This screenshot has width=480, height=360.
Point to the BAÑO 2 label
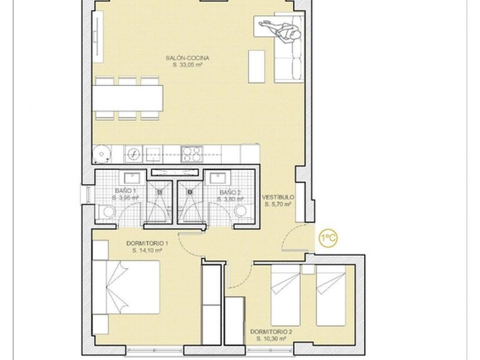pyautogui.click(x=229, y=192)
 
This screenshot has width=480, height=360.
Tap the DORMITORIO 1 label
pyautogui.click(x=147, y=242)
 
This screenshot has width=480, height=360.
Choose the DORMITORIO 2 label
pyautogui.click(x=270, y=331)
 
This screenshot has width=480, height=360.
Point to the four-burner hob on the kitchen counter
pyautogui.click(x=191, y=152)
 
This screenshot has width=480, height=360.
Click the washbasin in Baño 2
pyautogui.click(x=219, y=176)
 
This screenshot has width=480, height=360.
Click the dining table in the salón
pyautogui.click(x=129, y=98)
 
